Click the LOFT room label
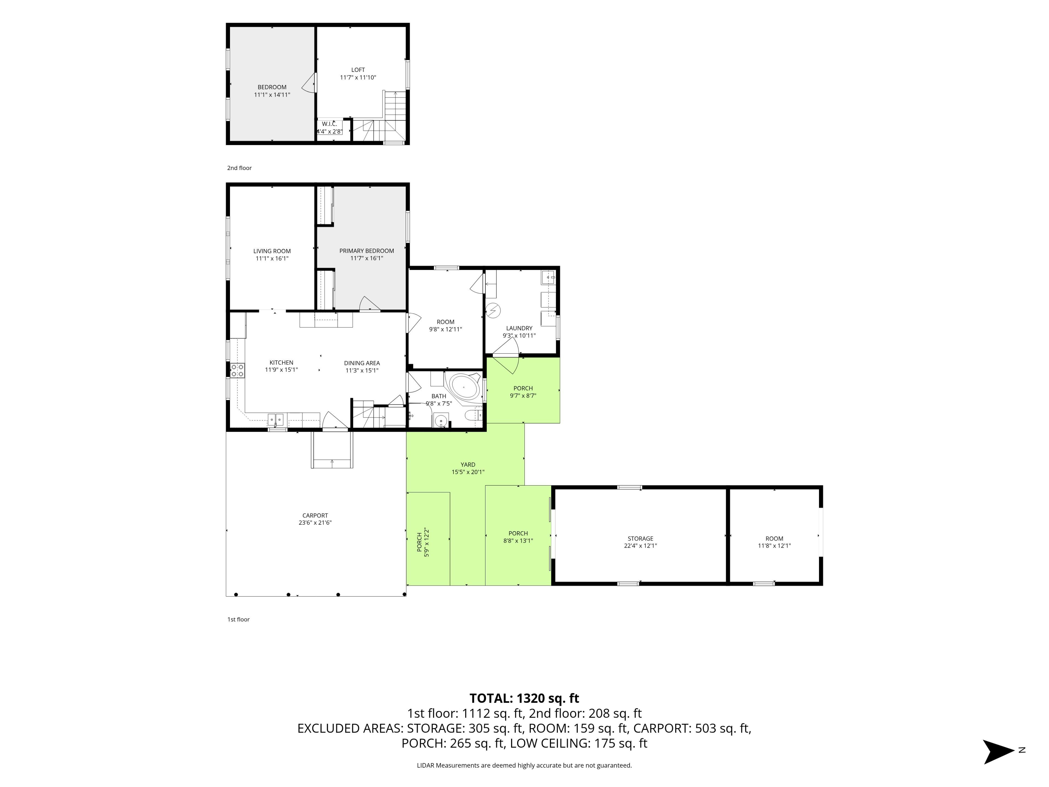point(358,70)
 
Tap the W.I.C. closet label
point(329,124)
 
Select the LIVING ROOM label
point(272,251)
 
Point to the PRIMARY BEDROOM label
point(367,251)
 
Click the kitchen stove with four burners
point(238,370)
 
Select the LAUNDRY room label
point(519,328)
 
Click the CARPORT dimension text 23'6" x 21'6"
point(315,523)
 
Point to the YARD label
point(468,465)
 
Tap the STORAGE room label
point(640,538)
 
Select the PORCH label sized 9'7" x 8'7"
point(523,388)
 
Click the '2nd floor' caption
point(240,168)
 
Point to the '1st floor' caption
point(238,619)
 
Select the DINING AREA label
point(362,363)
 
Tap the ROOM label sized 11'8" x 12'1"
point(774,538)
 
